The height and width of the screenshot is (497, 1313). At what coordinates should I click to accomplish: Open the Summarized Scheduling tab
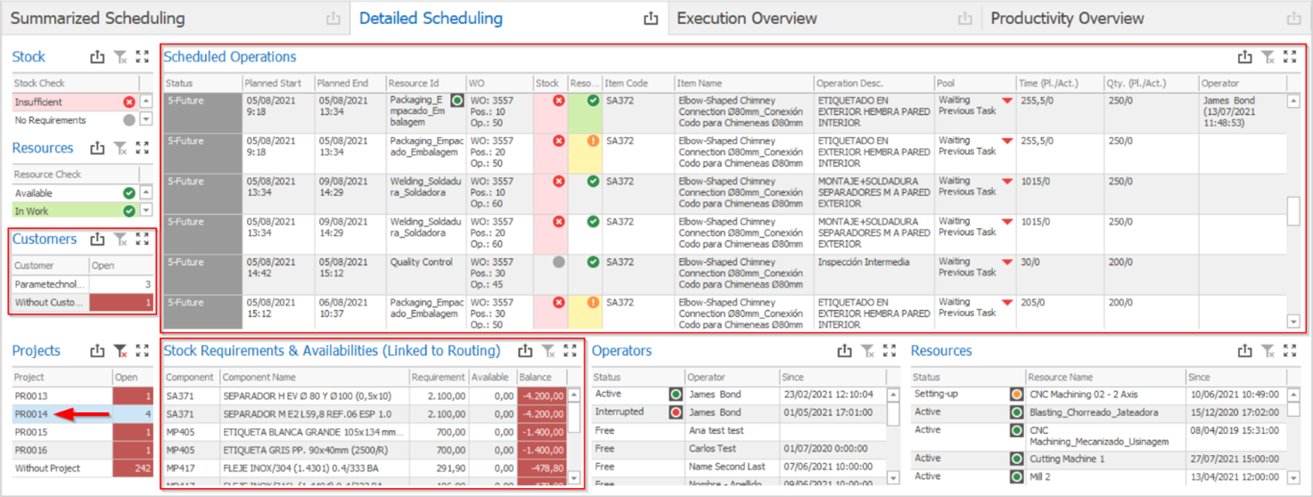click(98, 19)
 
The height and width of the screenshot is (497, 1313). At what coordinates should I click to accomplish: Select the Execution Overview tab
click(746, 19)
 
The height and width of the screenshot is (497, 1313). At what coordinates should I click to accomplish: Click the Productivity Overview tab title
click(1067, 19)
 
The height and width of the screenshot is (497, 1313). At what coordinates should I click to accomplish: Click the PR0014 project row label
click(31, 414)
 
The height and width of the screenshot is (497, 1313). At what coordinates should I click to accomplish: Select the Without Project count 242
click(133, 468)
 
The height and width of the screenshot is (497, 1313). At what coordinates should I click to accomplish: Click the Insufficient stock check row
click(38, 102)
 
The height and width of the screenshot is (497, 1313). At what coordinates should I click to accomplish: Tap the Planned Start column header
click(273, 83)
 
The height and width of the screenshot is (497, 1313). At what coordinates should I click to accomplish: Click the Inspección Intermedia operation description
click(863, 263)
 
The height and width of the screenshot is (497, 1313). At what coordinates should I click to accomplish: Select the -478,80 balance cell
click(541, 468)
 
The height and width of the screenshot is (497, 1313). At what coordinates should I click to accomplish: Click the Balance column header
click(537, 378)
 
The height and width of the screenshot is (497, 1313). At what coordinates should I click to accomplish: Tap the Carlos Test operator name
click(712, 449)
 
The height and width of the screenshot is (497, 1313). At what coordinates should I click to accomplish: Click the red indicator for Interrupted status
click(677, 412)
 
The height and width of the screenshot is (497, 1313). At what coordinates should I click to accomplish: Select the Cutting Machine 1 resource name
click(1067, 459)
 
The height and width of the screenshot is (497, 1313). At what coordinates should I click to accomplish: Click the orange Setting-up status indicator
click(1016, 395)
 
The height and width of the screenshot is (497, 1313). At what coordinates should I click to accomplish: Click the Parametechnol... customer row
click(50, 284)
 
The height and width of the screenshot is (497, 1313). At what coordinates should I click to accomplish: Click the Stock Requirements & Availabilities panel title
click(332, 351)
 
